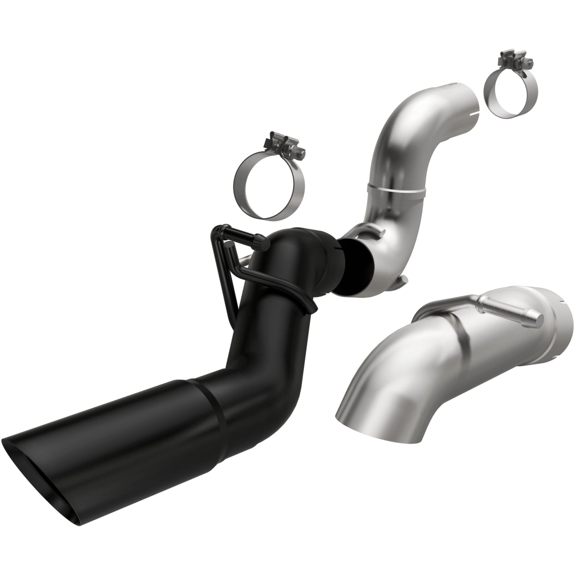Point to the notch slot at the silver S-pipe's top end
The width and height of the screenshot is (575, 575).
tap(474, 113)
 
